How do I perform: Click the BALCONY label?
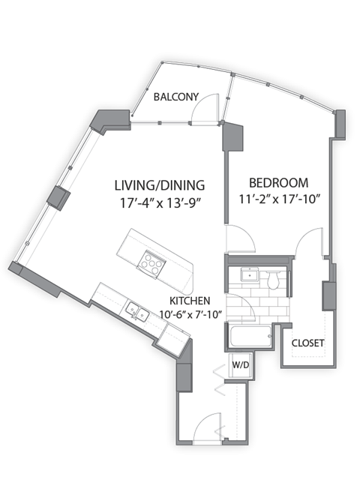tap(175, 97)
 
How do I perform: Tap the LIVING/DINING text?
tap(159, 184)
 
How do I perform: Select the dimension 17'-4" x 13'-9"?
tap(159, 201)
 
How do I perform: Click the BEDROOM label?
tap(279, 182)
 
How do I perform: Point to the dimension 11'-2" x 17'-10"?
tap(279, 199)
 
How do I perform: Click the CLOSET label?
tap(307, 343)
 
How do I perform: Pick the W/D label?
tap(240, 365)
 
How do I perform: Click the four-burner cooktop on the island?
tap(152, 262)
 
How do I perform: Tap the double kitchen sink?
tap(136, 310)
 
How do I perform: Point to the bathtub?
tap(250, 336)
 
